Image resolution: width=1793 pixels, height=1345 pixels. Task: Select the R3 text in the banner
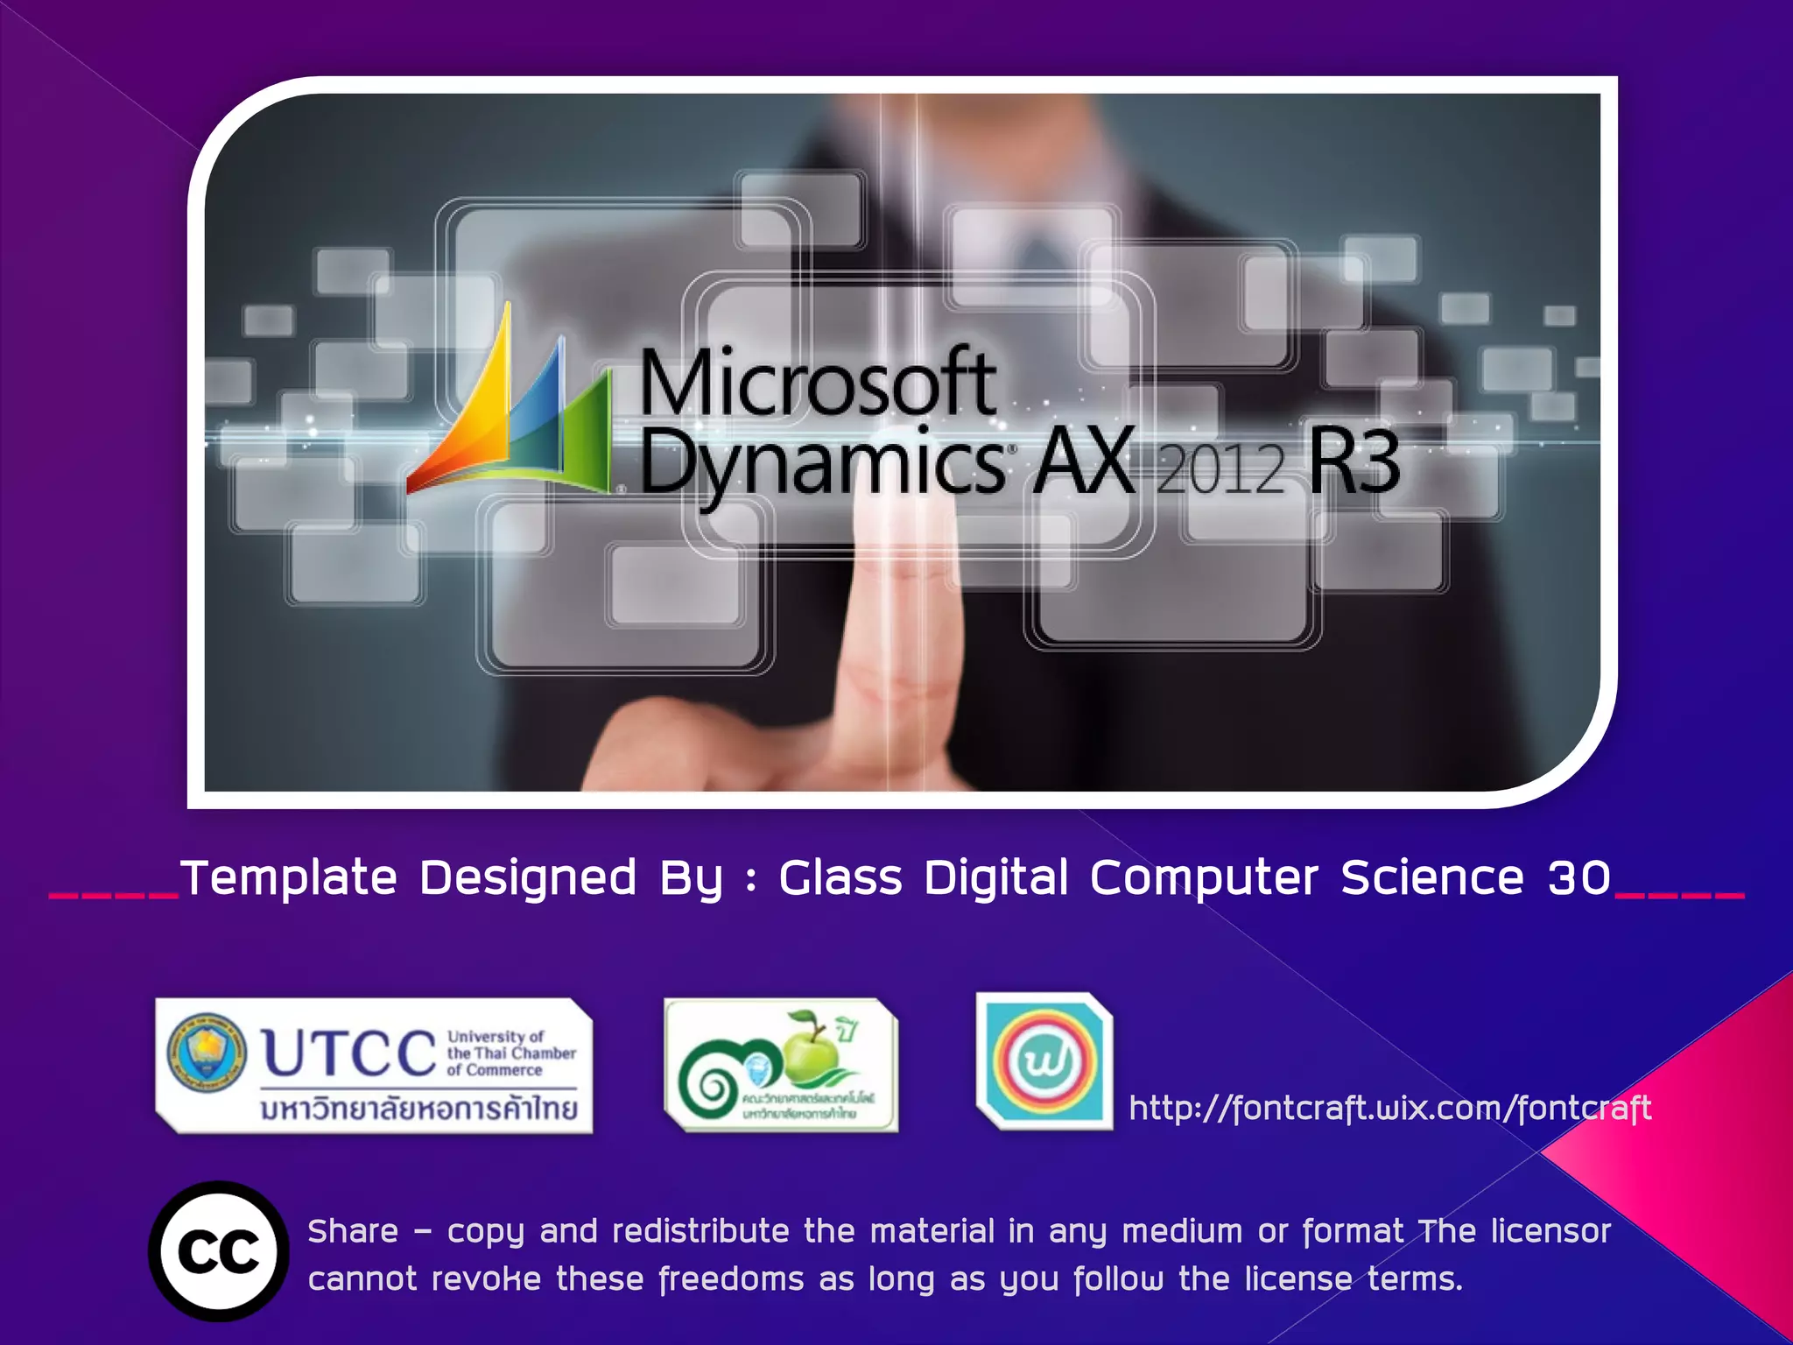[1353, 461]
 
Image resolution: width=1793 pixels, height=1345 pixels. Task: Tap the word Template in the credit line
[289, 877]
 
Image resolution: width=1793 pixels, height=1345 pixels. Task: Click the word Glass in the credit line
[840, 877]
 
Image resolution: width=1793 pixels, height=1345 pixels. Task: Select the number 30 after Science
[1579, 877]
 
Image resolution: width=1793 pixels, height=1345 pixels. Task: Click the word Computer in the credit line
[1204, 877]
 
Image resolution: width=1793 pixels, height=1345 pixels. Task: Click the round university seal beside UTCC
[207, 1053]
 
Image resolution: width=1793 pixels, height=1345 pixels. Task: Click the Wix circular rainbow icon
[1044, 1062]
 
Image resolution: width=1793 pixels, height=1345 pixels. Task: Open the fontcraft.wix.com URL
[1389, 1109]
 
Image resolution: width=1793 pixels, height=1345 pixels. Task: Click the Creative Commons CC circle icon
[219, 1251]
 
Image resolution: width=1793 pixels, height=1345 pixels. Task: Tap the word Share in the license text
[353, 1231]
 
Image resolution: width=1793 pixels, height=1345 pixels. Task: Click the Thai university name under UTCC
[419, 1108]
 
